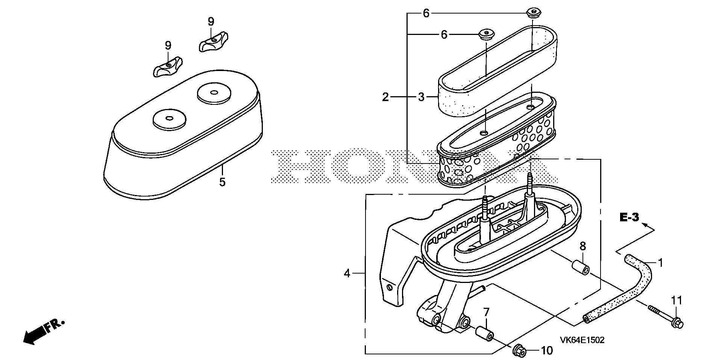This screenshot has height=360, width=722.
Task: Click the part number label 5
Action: click(x=222, y=183)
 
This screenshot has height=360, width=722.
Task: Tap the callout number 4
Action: click(x=347, y=274)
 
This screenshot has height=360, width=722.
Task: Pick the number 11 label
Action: click(x=677, y=300)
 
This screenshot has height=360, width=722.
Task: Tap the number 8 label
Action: click(x=582, y=247)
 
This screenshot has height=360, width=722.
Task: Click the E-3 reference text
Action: click(x=629, y=218)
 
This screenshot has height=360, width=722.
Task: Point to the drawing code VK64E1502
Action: click(x=582, y=340)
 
